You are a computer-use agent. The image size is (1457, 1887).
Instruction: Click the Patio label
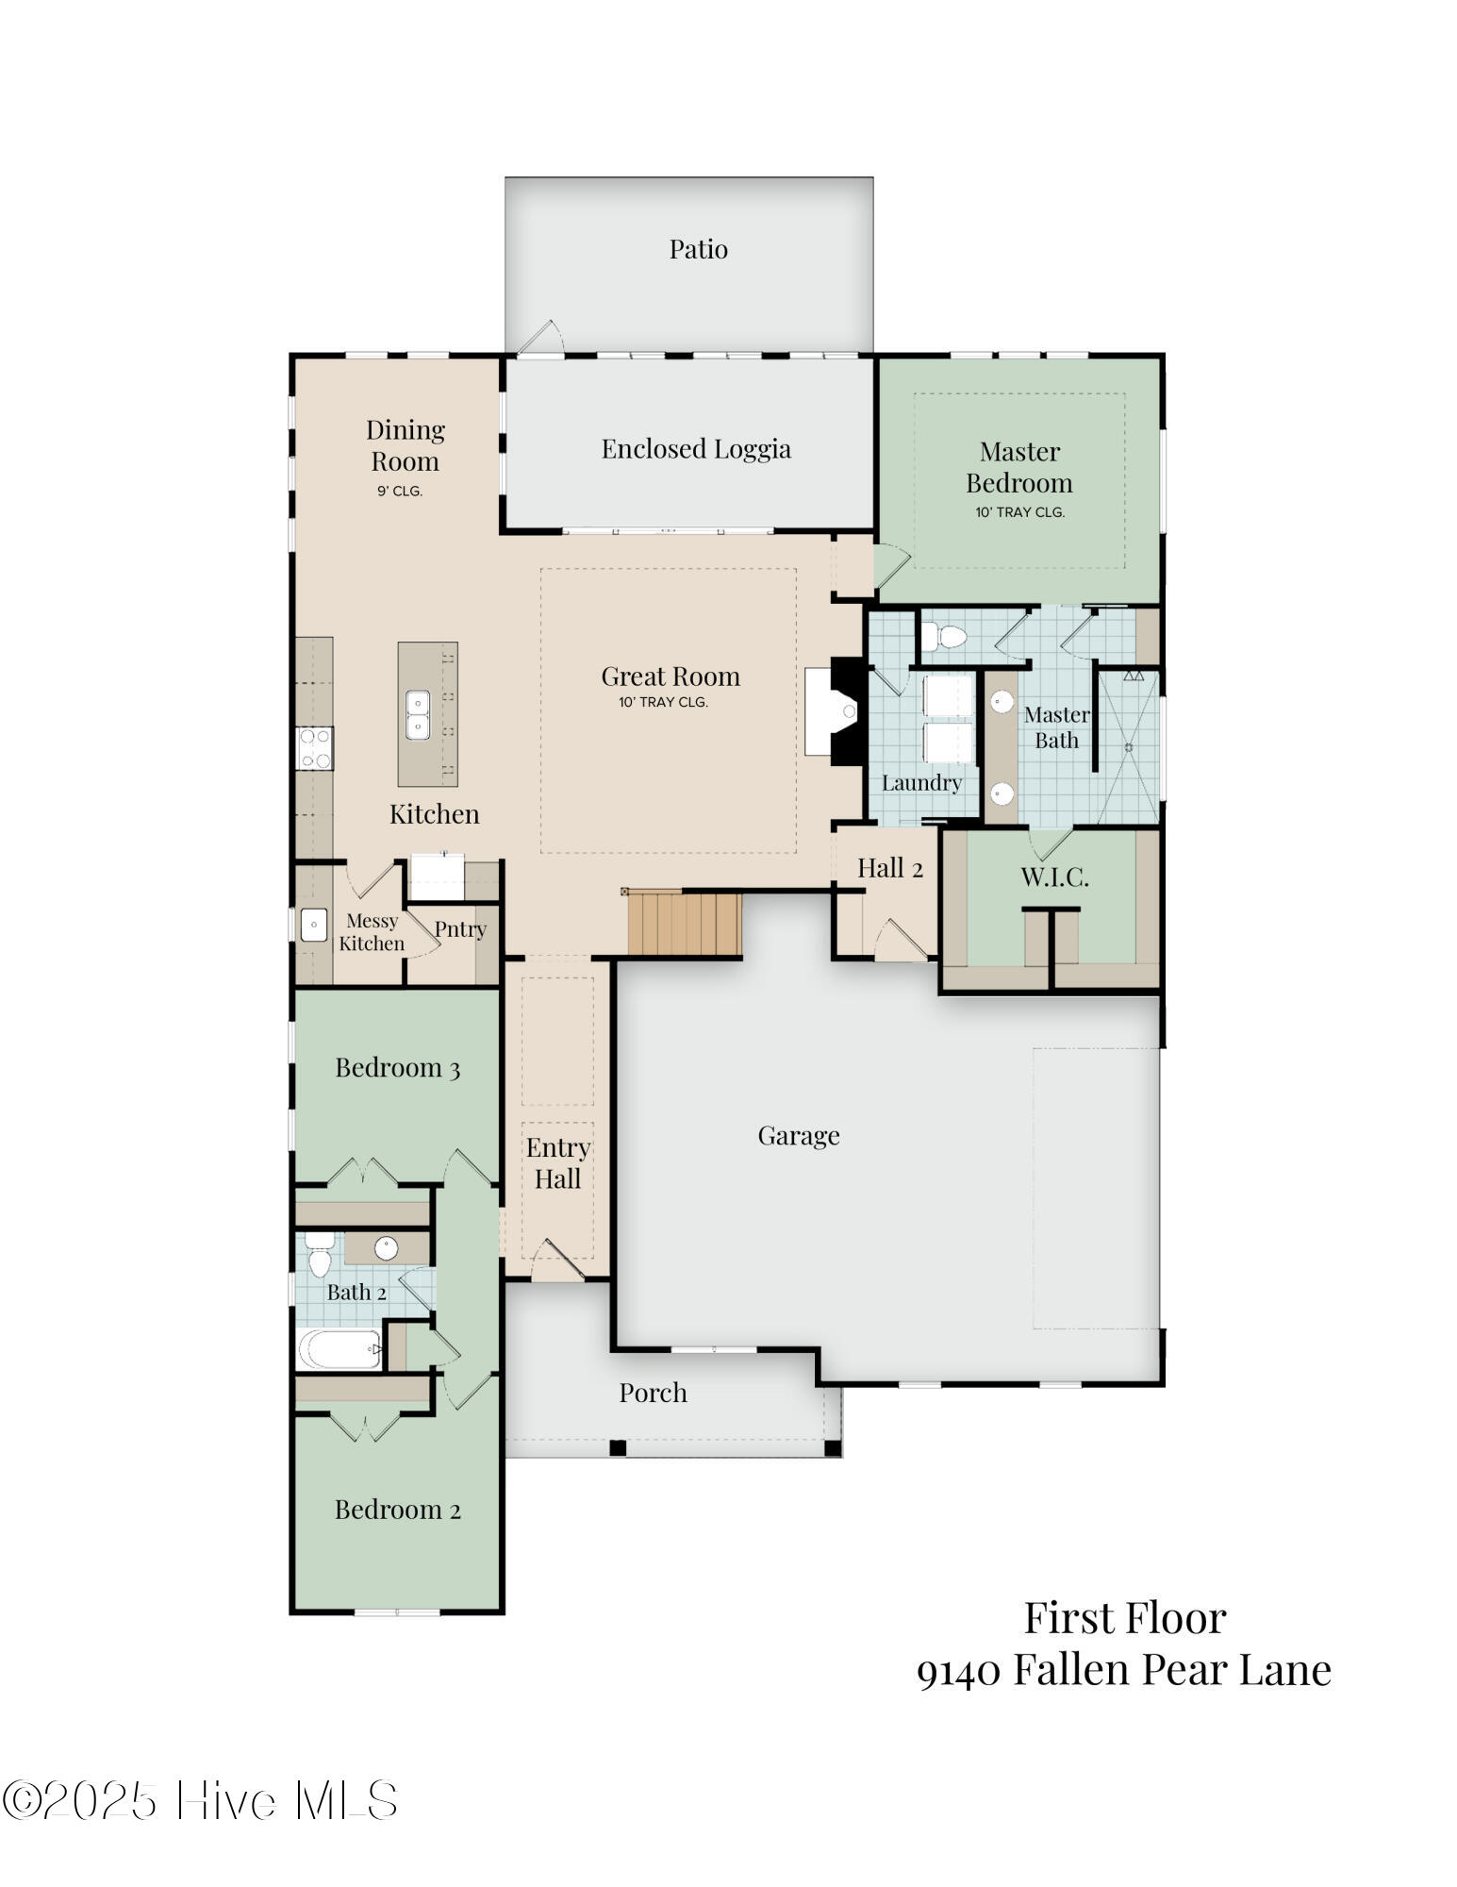[x=698, y=249]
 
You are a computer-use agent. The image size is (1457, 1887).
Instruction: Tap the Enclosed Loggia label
[x=696, y=449]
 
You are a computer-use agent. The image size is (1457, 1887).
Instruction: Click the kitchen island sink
[x=418, y=714]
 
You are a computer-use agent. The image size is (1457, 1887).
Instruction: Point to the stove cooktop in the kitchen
[x=314, y=748]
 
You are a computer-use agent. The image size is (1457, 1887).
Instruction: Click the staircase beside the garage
[x=684, y=924]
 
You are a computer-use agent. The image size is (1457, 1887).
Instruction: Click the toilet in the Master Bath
[x=944, y=638]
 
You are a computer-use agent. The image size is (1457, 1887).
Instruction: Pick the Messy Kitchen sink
[x=313, y=925]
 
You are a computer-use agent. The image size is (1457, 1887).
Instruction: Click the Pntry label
[x=460, y=929]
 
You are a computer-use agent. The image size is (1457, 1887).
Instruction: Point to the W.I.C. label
[x=1054, y=877]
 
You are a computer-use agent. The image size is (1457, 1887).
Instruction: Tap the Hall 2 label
[x=889, y=868]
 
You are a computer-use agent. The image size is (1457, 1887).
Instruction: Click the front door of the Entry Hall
[x=557, y=1264]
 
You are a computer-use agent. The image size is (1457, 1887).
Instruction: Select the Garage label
[x=798, y=1135]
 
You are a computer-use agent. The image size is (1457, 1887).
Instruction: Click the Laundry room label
[x=921, y=782]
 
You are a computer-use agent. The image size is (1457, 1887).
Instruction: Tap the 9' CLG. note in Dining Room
[x=400, y=492]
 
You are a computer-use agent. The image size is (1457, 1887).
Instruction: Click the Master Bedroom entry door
[x=890, y=566]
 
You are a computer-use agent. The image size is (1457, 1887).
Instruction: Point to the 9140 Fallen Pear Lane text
[x=1123, y=1670]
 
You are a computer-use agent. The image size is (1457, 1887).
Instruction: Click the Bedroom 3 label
[x=397, y=1068]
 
